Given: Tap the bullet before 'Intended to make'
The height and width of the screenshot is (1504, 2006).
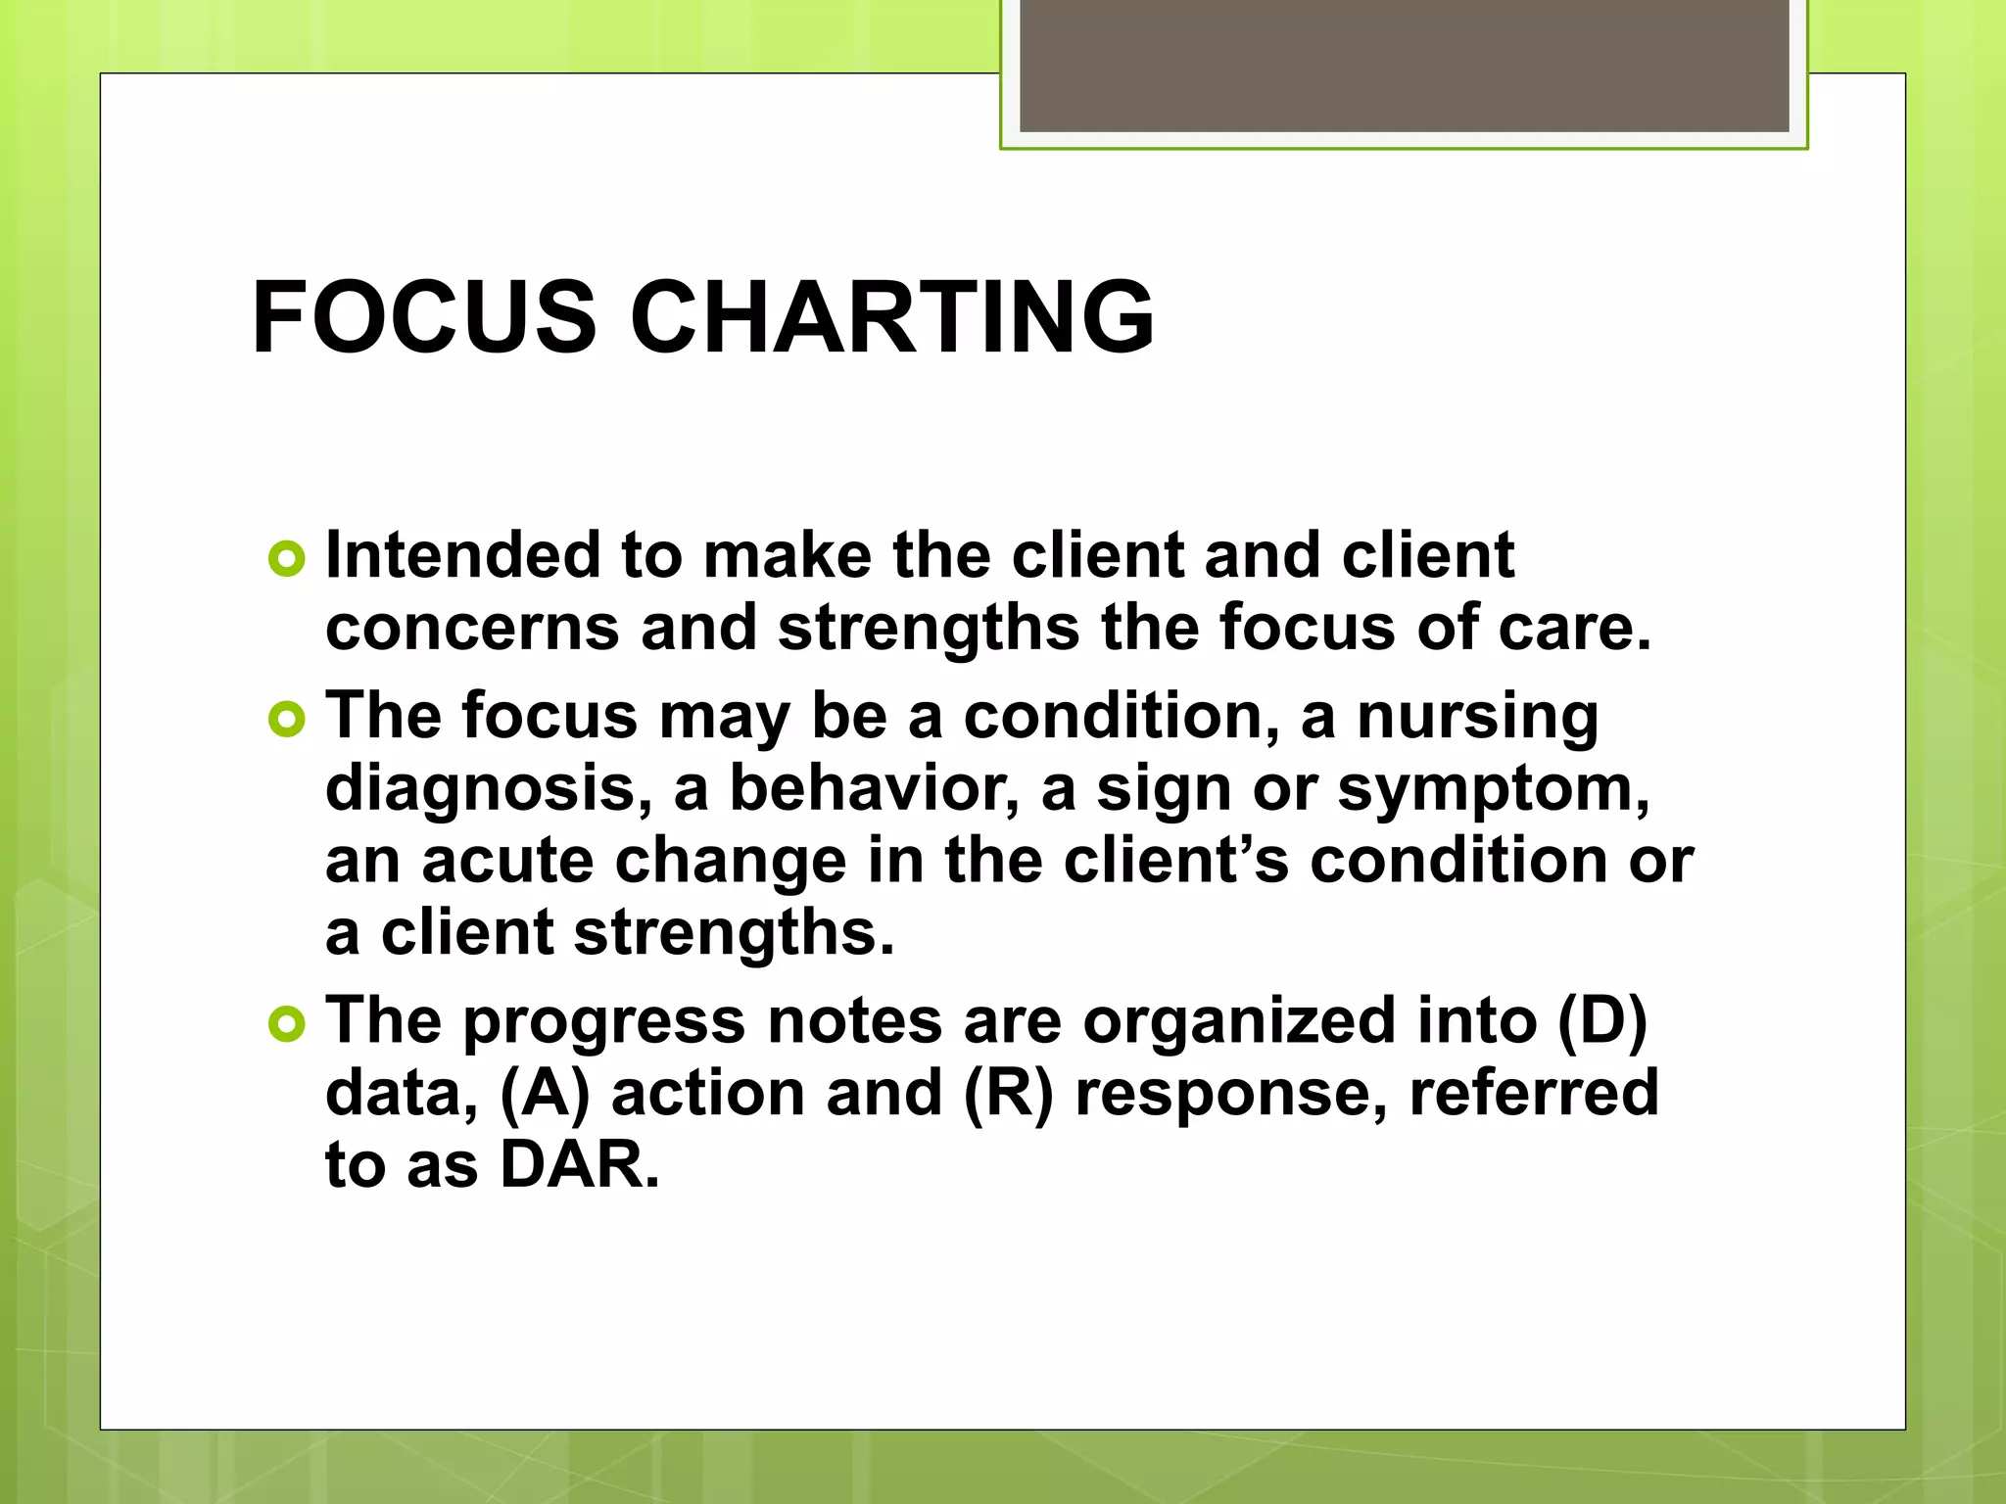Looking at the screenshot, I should pos(286,558).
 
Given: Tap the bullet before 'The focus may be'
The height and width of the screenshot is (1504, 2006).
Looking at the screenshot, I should pos(286,720).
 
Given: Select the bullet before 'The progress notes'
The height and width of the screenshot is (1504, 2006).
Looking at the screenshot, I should pos(286,1024).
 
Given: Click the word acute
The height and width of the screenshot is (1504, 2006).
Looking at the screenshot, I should pos(507,861).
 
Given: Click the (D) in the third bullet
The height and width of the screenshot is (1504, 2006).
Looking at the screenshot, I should pos(1601,1021).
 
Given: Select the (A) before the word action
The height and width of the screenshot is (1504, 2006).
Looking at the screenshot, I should pos(546,1094).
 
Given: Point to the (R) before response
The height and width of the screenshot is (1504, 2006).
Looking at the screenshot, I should pos(1008,1094).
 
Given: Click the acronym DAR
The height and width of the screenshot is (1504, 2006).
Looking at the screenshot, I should pos(579,1165).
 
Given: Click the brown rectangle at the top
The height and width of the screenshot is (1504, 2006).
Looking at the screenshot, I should pos(1404,65).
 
